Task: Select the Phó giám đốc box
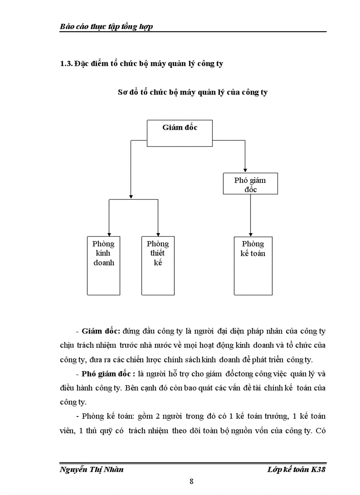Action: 250,184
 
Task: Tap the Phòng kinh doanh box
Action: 103,265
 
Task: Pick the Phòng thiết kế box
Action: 157,265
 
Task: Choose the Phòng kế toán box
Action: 253,265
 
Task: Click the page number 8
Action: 191,481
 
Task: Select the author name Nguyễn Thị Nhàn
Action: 91,469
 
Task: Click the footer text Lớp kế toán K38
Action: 296,469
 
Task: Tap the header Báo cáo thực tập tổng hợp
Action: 106,26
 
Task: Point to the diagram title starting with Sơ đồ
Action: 193,93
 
